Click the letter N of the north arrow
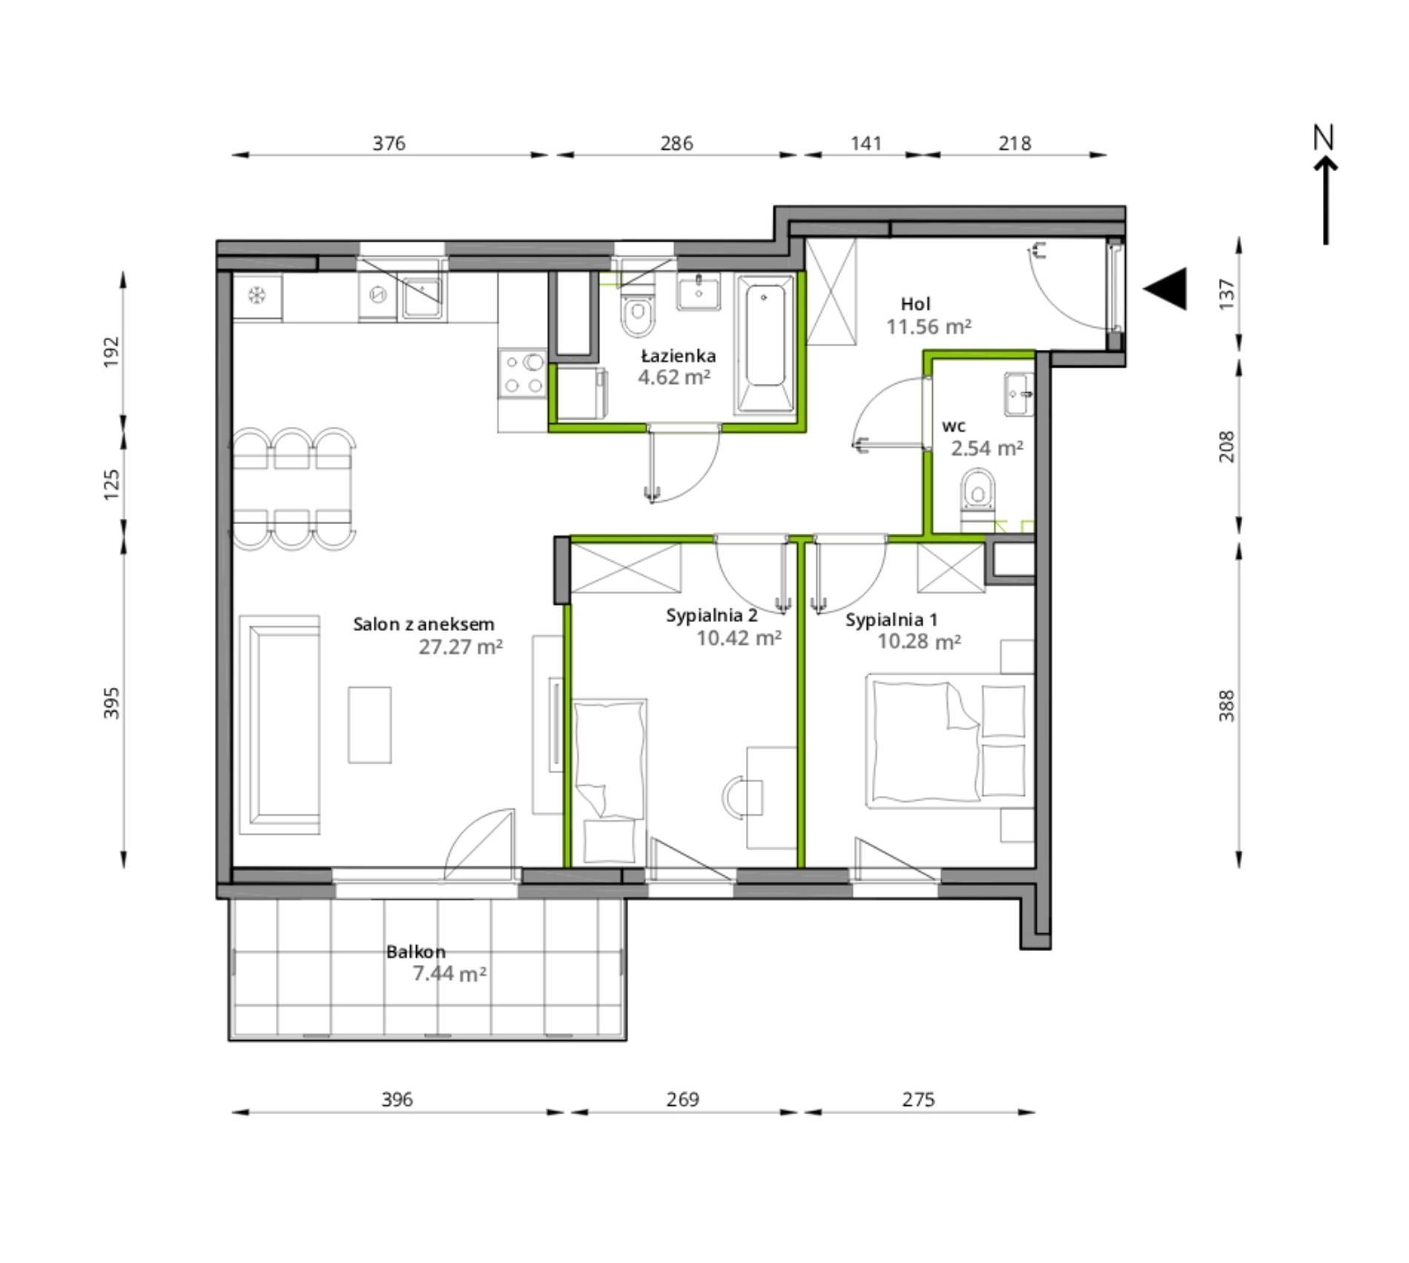point(1324,137)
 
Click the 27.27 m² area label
point(461,647)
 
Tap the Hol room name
point(915,304)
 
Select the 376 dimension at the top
point(389,142)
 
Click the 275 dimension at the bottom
point(918,1099)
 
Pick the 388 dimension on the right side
point(1227,705)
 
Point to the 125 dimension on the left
point(111,484)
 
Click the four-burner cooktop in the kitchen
point(522,373)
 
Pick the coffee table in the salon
point(369,725)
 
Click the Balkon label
point(415,952)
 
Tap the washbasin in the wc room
point(1019,394)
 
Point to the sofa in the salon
point(279,725)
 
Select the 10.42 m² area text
point(739,638)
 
